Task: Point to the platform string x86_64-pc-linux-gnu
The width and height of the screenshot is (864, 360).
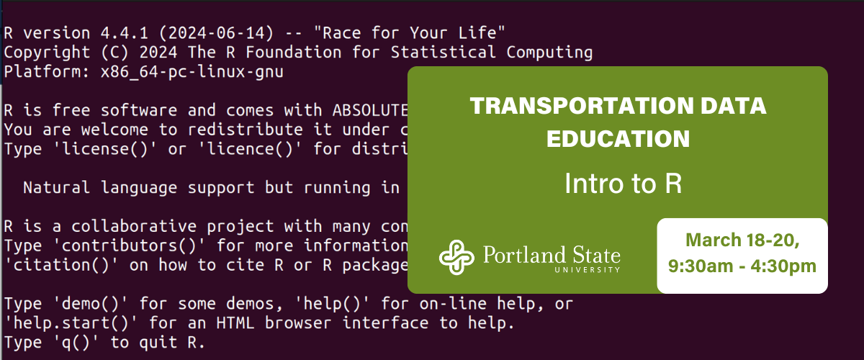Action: pos(191,71)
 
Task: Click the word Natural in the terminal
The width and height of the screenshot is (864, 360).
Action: pos(57,188)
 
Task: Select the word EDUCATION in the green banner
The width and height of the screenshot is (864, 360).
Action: pos(618,138)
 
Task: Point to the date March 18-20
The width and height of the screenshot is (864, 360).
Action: pos(742,238)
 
